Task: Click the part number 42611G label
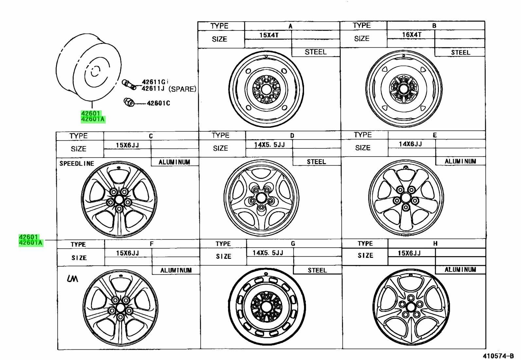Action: pos(154,82)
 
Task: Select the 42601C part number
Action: pos(158,103)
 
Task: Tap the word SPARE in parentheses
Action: pos(182,89)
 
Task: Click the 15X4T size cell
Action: pos(269,35)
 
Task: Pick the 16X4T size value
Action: pos(412,35)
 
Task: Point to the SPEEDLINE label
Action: pos(77,163)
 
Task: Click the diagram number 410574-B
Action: pos(498,356)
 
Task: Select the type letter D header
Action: pos(292,136)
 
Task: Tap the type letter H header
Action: pos(435,244)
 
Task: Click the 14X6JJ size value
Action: pos(410,144)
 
